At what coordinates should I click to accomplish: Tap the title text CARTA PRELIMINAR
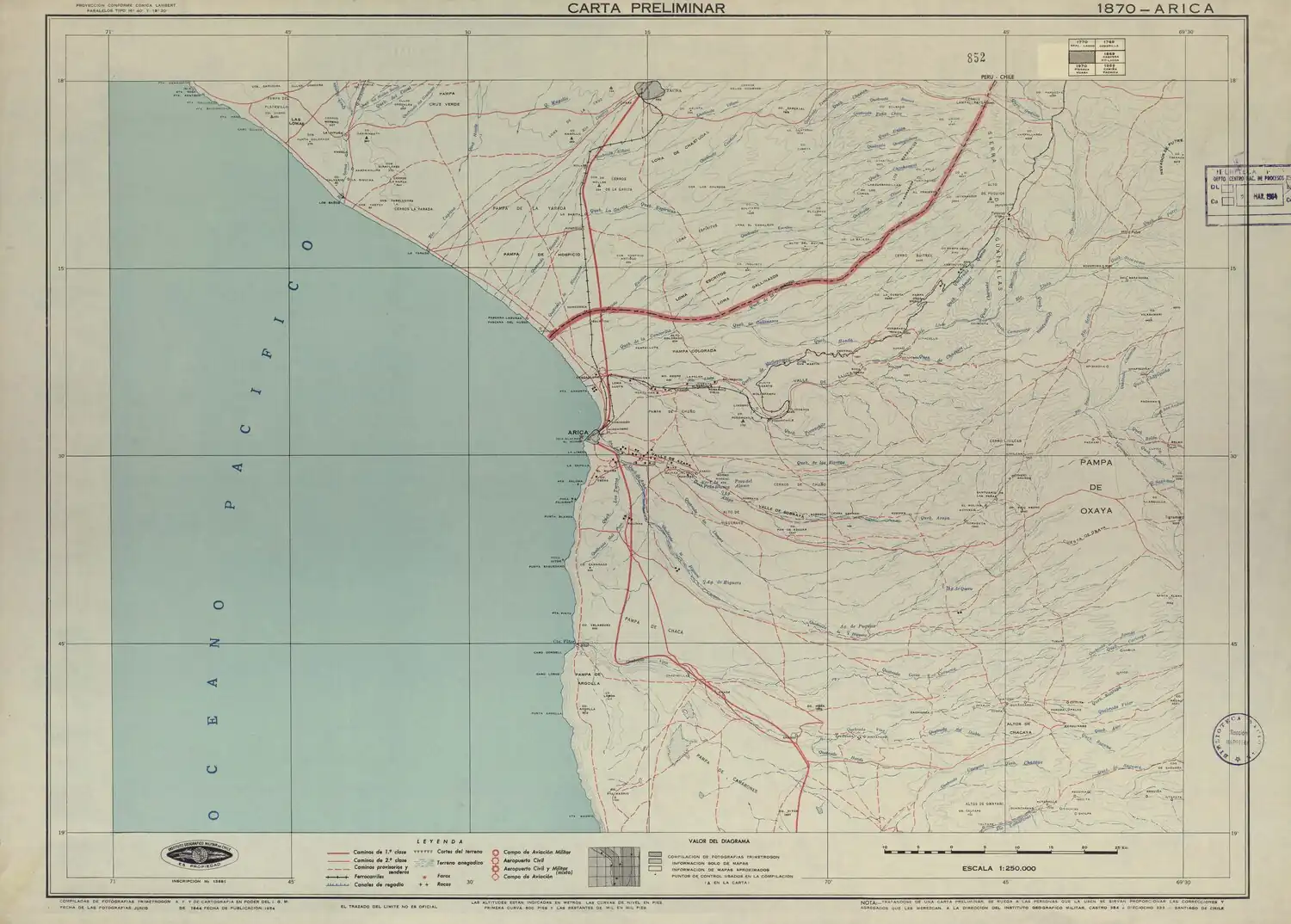645,8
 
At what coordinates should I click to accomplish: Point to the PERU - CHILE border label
998,77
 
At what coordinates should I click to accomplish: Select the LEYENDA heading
441,841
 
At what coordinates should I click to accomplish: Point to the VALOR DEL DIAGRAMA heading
720,840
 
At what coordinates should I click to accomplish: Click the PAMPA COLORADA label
695,351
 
